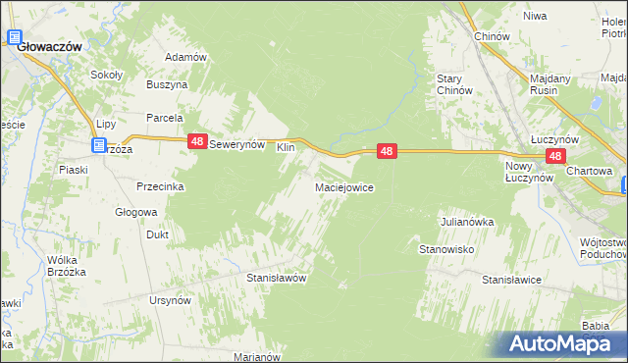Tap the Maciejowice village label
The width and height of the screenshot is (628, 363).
pyautogui.click(x=343, y=186)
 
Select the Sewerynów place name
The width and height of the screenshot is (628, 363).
pyautogui.click(x=239, y=143)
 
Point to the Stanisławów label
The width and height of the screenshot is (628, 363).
pyautogui.click(x=276, y=278)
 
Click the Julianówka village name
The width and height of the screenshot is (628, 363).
pyautogui.click(x=467, y=222)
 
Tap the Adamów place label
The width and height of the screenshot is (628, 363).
pyautogui.click(x=185, y=57)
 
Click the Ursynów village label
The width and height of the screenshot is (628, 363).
pyautogui.click(x=169, y=299)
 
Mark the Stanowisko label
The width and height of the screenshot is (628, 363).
pyautogui.click(x=447, y=250)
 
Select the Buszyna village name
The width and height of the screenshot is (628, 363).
pyautogui.click(x=167, y=85)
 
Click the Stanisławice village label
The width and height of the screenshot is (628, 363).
pyautogui.click(x=511, y=281)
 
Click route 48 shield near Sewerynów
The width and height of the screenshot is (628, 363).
pyautogui.click(x=197, y=142)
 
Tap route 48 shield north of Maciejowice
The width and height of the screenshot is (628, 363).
pyautogui.click(x=388, y=151)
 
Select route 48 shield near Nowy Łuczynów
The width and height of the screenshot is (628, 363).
pyautogui.click(x=555, y=156)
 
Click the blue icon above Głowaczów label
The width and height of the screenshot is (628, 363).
pyautogui.click(x=16, y=38)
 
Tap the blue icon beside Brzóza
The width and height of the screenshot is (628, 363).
pyautogui.click(x=99, y=146)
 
